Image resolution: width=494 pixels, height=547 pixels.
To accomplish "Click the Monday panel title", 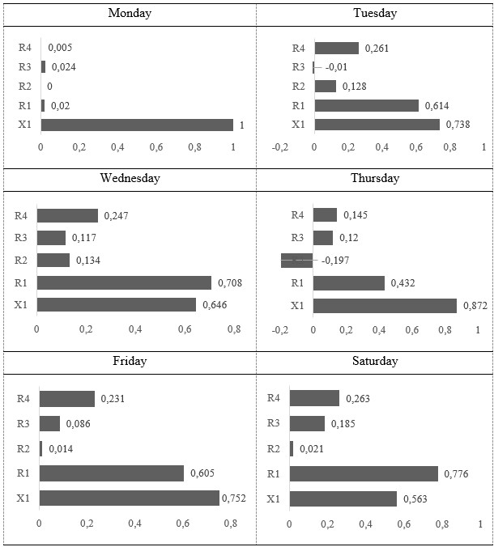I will pos(129,14).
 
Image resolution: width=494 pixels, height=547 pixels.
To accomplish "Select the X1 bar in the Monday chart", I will pos(137,125).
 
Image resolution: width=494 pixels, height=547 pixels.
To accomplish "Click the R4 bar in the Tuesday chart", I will pos(336,49).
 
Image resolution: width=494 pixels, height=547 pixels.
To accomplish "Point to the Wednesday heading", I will pos(130,178).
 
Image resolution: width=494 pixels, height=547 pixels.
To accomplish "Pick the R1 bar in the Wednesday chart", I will pos(124,282).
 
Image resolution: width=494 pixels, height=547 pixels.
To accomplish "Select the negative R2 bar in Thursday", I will pos(297,261).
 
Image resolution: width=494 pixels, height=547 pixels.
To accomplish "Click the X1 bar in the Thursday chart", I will pos(385,305).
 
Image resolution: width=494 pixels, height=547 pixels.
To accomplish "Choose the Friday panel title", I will pos(130,361).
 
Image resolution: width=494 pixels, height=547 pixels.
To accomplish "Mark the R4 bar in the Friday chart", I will pos(67,399).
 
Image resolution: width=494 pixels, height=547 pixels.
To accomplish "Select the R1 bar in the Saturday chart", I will pos(364,473).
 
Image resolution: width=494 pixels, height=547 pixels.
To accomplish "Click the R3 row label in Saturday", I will pos(274,423).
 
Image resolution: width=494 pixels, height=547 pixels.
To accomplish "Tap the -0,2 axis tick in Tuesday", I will pos(280,148).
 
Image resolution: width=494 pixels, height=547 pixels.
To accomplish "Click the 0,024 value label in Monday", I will pos(63,67).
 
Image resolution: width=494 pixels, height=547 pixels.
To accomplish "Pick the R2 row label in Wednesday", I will pos(21,261).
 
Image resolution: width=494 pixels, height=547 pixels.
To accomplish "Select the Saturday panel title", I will pos(375,361).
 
